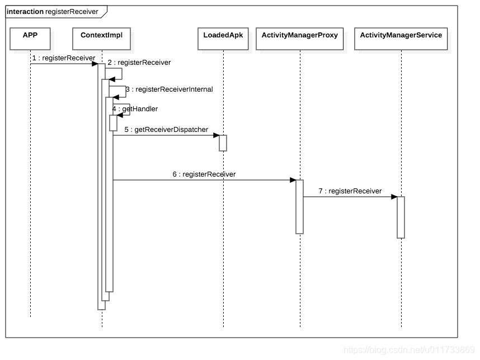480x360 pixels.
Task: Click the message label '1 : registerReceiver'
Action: (x=63, y=58)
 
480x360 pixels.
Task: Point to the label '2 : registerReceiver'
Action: (x=139, y=63)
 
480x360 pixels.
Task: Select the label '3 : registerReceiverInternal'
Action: (x=168, y=89)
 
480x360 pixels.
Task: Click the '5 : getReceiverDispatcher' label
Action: (x=166, y=129)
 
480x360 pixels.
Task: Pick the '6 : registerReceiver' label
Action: (x=204, y=174)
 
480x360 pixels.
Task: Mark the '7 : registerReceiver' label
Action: (x=350, y=191)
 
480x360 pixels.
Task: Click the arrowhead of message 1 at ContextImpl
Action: (x=95, y=64)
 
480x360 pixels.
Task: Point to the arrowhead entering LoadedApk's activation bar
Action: (x=216, y=135)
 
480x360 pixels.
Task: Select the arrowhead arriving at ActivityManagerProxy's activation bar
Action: (x=293, y=180)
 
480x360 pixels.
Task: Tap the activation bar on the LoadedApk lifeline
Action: (x=223, y=143)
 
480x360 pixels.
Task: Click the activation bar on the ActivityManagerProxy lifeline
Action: (x=299, y=206)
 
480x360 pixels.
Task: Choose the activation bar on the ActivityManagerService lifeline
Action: (x=401, y=217)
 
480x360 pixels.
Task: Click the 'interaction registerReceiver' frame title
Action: (x=53, y=11)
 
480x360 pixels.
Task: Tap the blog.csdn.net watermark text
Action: (x=409, y=350)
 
